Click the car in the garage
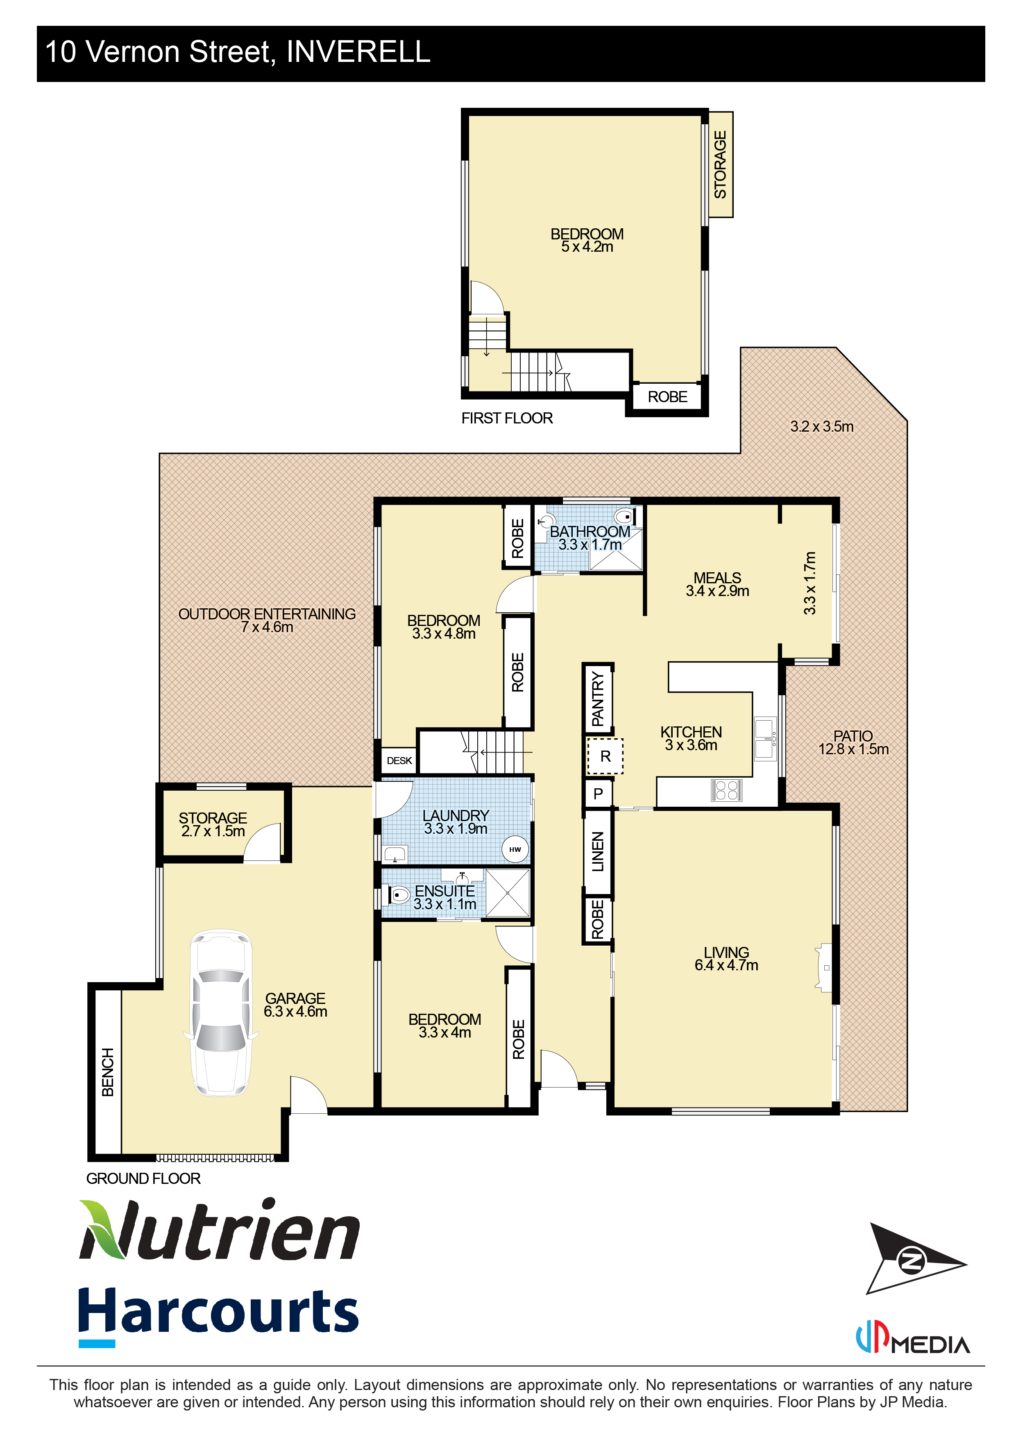(221, 1013)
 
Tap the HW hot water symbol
(515, 849)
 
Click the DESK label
(399, 760)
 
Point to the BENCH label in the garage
(108, 1072)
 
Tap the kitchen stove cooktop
(726, 790)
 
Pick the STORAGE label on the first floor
(721, 165)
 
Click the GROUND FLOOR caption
(143, 1178)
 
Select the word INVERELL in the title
(358, 51)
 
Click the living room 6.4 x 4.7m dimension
(726, 965)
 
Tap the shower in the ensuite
(508, 893)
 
